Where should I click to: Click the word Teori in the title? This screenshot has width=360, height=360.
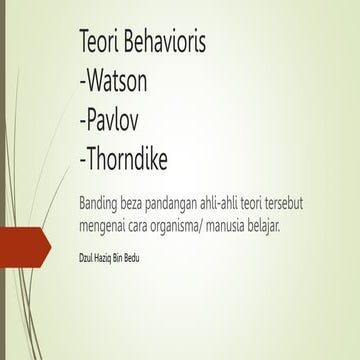coord(102,43)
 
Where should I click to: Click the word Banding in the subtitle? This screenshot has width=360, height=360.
coord(101,204)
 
